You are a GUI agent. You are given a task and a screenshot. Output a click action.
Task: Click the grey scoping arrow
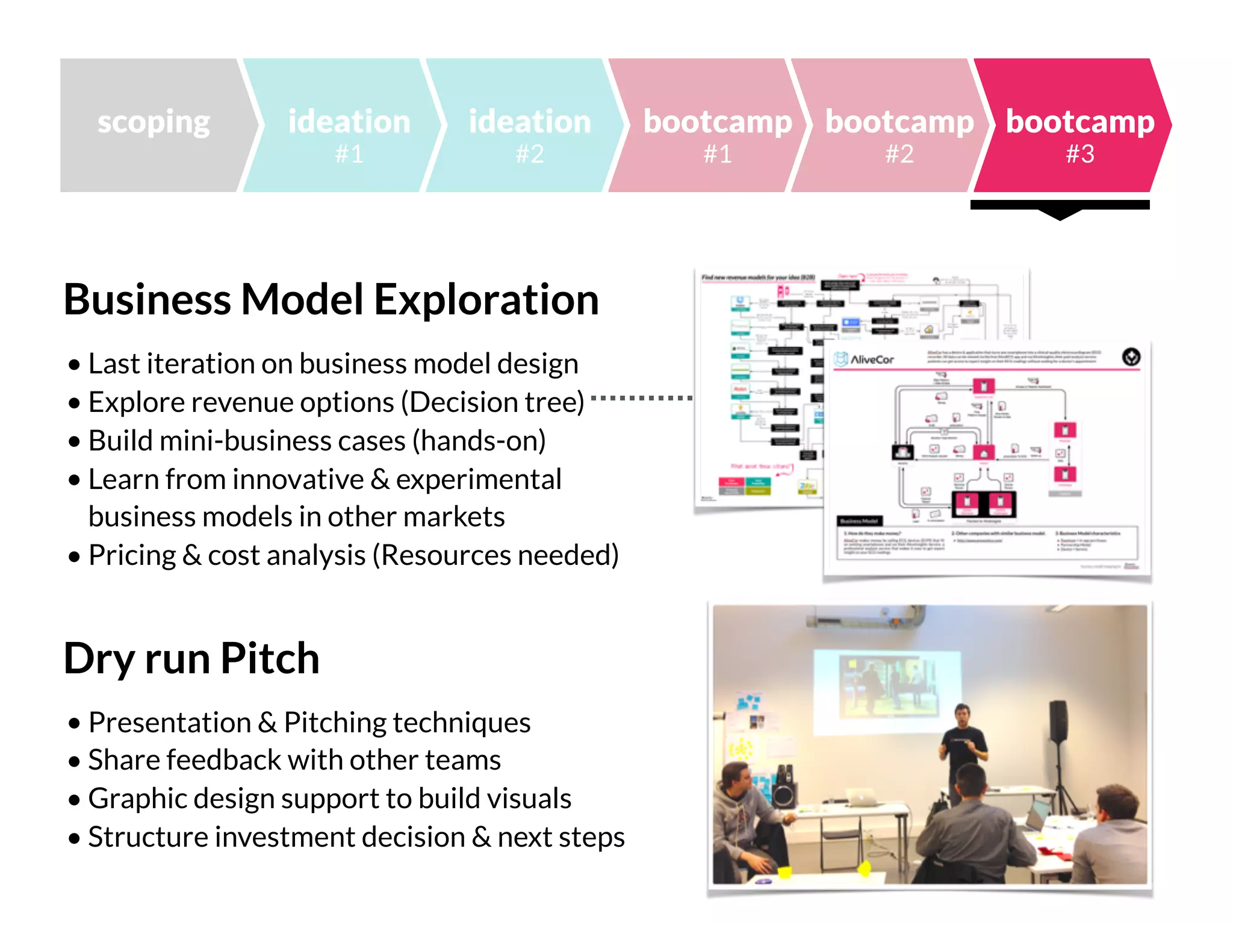(x=154, y=125)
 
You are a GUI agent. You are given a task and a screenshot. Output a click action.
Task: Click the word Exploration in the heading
(x=486, y=299)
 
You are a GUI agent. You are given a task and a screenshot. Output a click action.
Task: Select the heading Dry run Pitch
(x=191, y=658)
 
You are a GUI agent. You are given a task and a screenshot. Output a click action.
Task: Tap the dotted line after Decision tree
(x=641, y=398)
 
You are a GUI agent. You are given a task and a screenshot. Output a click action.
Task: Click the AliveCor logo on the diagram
(x=864, y=360)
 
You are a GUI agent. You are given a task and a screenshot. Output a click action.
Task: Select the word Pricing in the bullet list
(x=132, y=555)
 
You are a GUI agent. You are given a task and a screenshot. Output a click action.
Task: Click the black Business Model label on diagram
(x=860, y=521)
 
